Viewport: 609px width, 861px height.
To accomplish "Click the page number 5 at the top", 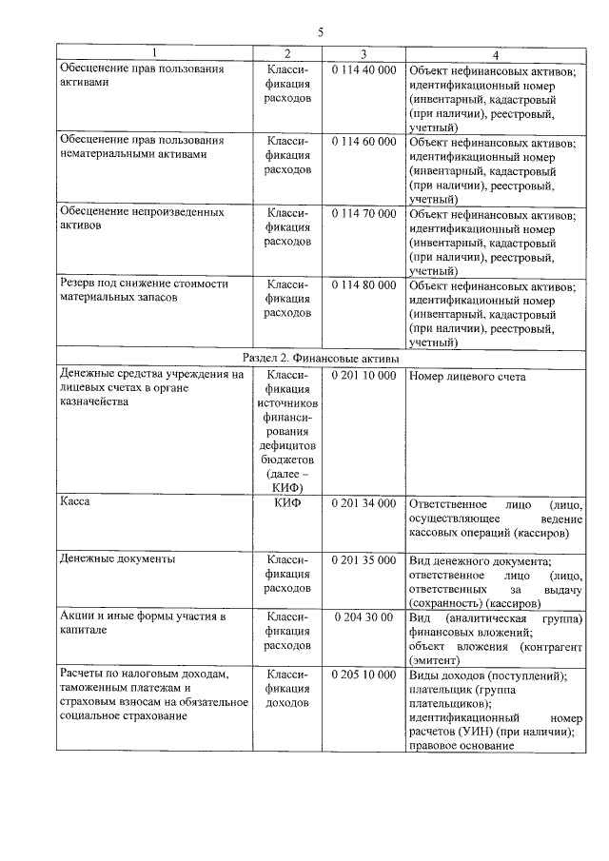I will click(321, 32).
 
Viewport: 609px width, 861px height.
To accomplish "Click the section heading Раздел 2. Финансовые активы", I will click(322, 357).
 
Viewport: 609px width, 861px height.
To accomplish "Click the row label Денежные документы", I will click(117, 559).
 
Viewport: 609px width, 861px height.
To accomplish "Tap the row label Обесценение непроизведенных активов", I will click(141, 221).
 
